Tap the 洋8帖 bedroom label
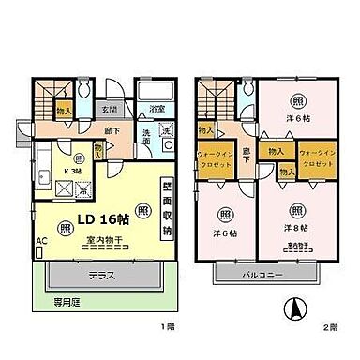pos(297,227)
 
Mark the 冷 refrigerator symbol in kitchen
pos(82,189)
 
